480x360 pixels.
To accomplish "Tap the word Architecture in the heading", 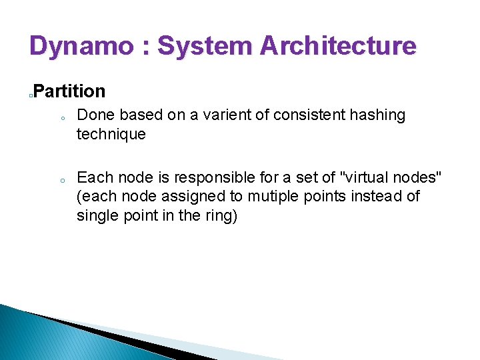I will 338,47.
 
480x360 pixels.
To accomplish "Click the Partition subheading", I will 69,91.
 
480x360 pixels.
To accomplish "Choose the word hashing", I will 377,115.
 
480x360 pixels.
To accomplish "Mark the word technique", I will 111,135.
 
